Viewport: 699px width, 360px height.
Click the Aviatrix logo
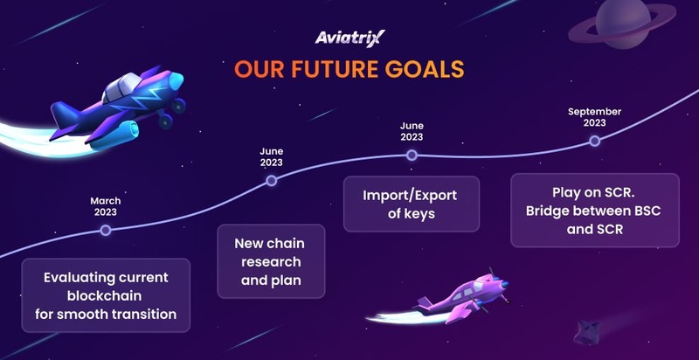349,38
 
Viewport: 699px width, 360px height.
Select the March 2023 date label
105,207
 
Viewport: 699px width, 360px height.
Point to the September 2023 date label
594,117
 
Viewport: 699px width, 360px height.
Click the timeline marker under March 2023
106,230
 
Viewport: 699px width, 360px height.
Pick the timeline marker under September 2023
594,141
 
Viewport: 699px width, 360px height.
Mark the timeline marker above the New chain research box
271,181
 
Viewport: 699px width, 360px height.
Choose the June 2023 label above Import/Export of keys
412,131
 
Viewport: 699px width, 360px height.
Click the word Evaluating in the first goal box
80,278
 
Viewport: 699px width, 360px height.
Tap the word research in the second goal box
271,262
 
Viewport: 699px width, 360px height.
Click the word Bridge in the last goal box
547,211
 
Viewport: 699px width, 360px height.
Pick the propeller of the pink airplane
498,284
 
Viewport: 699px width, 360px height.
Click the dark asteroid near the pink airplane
584,332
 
